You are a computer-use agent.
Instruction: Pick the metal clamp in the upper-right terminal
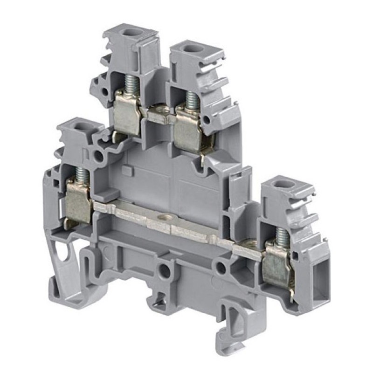click(x=189, y=127)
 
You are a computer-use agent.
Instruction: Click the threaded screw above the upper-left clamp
click(x=129, y=84)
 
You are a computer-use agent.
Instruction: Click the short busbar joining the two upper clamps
click(x=161, y=113)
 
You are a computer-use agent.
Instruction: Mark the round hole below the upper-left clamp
click(x=99, y=155)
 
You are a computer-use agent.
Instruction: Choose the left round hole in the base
click(x=164, y=270)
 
